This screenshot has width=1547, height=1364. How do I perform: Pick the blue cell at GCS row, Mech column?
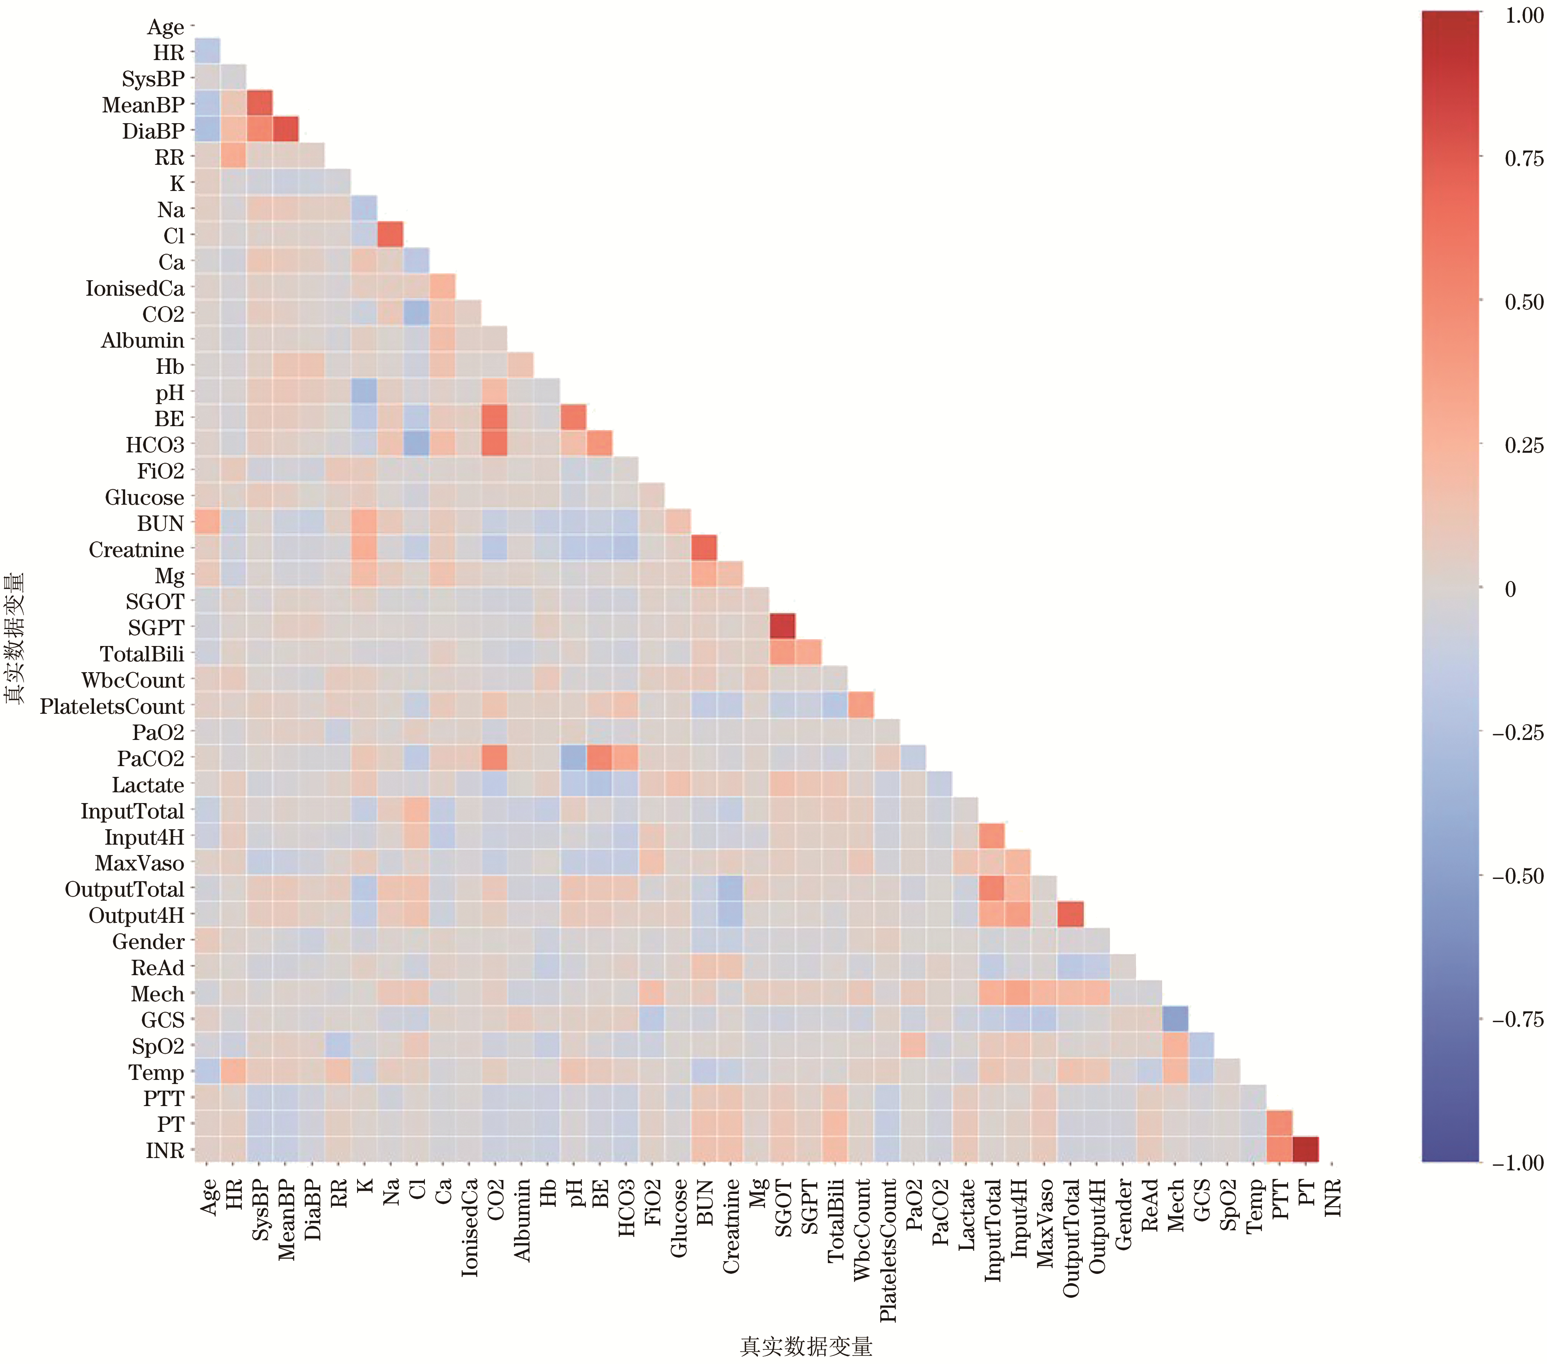(1174, 1019)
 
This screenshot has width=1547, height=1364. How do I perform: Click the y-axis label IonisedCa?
(135, 288)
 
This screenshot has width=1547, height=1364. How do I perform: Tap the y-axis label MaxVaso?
(139, 863)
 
